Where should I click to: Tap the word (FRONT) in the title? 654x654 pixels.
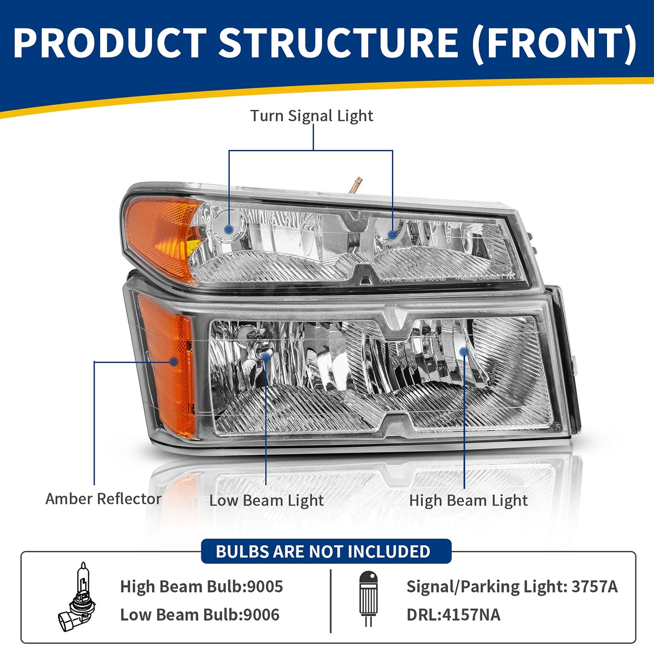555,43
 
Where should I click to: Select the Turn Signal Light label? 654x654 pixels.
312,116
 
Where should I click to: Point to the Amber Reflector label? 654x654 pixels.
103,499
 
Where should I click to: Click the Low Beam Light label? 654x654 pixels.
267,501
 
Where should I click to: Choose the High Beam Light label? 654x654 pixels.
468,501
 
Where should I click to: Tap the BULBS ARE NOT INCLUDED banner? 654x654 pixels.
323,552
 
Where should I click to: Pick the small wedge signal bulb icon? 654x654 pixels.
368,598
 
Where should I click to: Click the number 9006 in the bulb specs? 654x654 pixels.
262,615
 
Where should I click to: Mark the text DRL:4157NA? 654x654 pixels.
453,615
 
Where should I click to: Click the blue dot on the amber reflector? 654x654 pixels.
173,362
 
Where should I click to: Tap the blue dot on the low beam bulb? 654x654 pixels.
266,357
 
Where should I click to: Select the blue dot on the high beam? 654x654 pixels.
463,352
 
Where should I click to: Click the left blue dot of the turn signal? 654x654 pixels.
229,230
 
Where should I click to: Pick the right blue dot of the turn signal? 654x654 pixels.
392,235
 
